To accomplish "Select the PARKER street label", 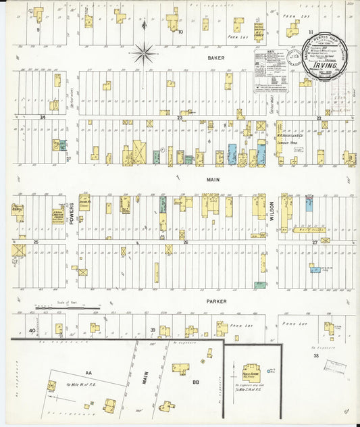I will (x=217, y=301).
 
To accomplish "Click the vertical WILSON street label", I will (x=272, y=214).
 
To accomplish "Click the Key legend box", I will (x=272, y=71).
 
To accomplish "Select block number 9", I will (x=38, y=30).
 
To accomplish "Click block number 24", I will (x=43, y=118).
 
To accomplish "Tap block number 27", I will (x=315, y=241).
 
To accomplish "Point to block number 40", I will (x=32, y=330).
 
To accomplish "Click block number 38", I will (x=315, y=355).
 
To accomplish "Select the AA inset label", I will (x=88, y=372).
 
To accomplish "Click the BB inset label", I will (x=195, y=382).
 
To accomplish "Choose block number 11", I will (x=311, y=32).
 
